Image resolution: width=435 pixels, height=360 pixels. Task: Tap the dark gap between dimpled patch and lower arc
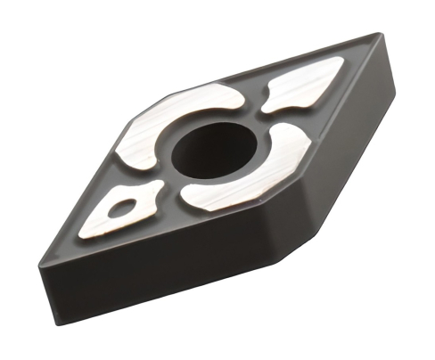click(171, 195)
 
